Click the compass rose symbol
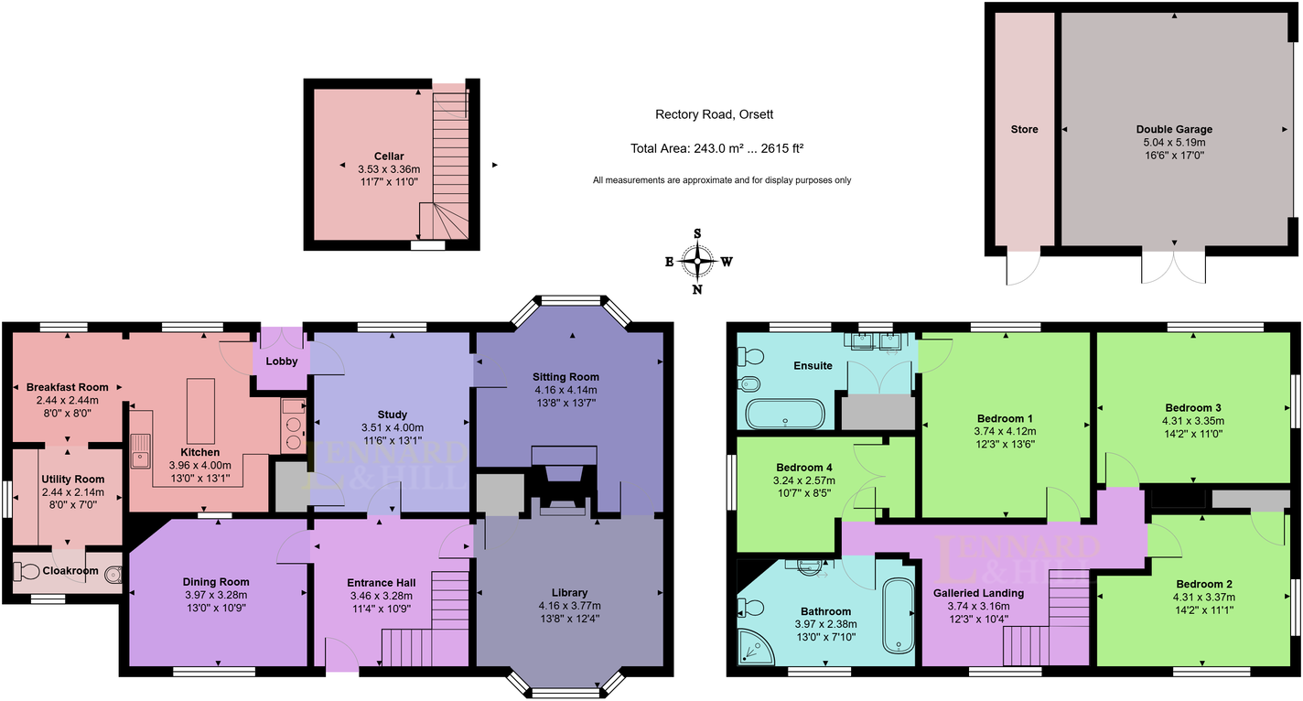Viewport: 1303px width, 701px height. point(698,262)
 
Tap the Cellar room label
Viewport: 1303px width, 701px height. point(389,156)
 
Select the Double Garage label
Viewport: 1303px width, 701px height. point(1176,129)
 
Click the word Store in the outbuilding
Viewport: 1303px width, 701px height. point(1025,130)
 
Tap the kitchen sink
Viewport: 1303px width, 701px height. point(141,451)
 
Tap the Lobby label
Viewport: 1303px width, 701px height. point(282,361)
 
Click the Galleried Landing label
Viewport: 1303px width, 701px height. point(978,593)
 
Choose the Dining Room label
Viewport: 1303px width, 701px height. point(216,582)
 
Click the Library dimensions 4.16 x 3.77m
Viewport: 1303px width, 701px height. point(569,605)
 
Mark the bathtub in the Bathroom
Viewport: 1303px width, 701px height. point(898,615)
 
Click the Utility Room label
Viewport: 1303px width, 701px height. point(72,480)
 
